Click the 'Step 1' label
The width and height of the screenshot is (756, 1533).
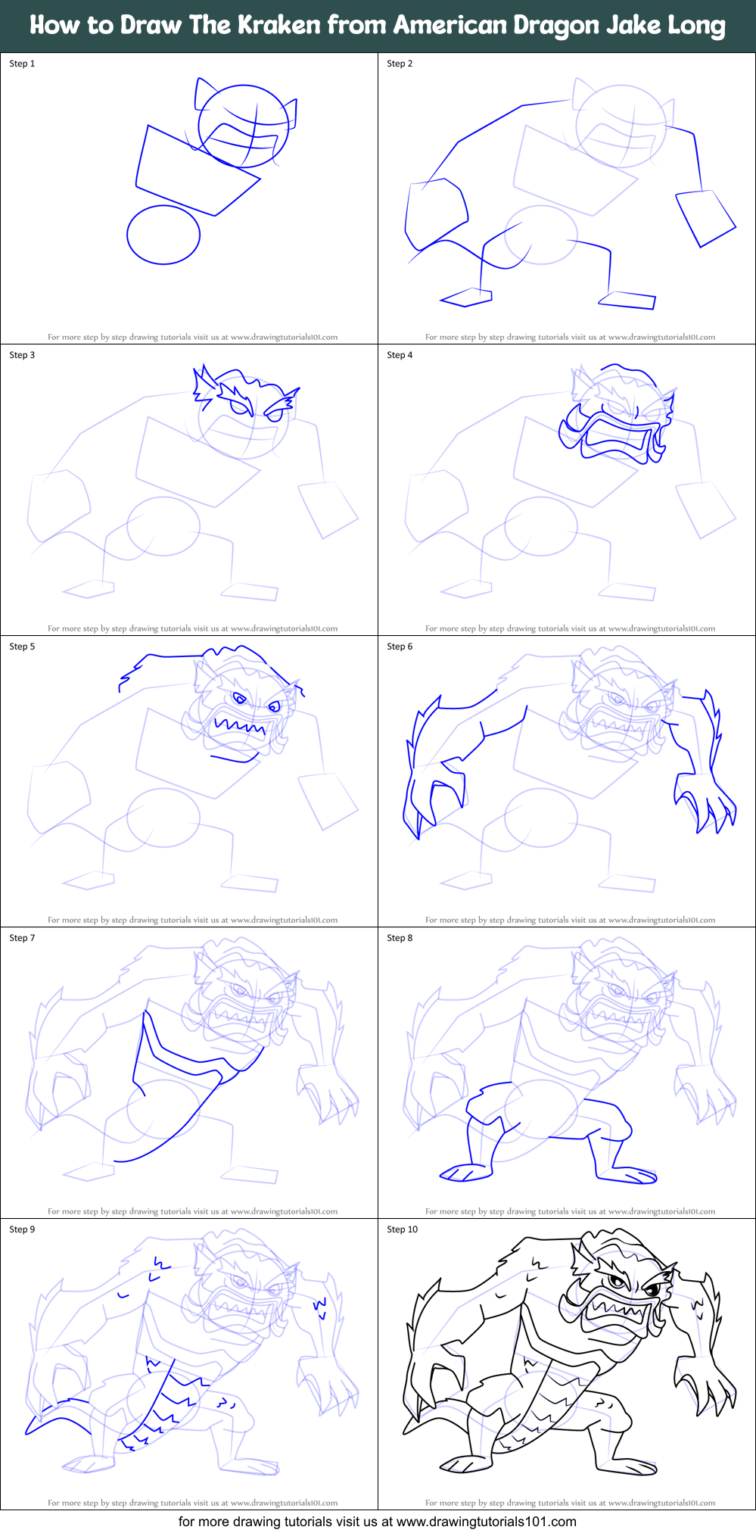coord(22,64)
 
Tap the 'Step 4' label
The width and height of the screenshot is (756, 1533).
coord(400,355)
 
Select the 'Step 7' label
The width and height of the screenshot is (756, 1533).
coord(22,938)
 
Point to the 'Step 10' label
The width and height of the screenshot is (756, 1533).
coord(402,1229)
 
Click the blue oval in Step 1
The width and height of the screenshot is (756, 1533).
coord(163,235)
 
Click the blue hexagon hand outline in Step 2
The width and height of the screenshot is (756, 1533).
coord(437,213)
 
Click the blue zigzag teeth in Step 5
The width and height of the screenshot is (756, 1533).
coord(240,728)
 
